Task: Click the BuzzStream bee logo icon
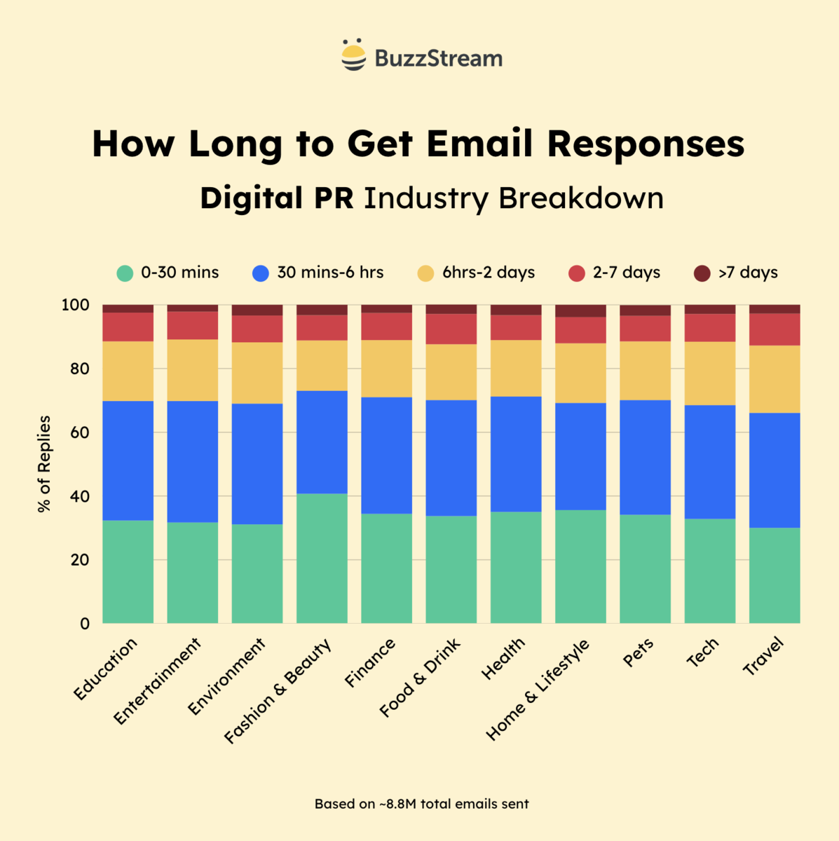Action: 353,55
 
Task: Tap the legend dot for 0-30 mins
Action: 125,273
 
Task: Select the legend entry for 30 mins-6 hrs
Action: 318,273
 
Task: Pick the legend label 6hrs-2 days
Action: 488,273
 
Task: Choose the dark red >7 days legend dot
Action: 702,273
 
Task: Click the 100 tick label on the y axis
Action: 76,305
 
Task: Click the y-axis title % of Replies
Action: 45,464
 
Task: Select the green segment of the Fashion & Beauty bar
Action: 322,558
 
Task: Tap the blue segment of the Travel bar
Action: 775,470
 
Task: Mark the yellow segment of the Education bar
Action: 128,371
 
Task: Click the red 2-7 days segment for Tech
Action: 710,327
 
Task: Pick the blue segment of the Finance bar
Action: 386,455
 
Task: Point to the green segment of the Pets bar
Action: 645,568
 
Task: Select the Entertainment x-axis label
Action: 158,681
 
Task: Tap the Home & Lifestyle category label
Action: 538,690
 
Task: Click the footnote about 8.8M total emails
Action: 421,804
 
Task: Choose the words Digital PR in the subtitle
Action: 276,198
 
